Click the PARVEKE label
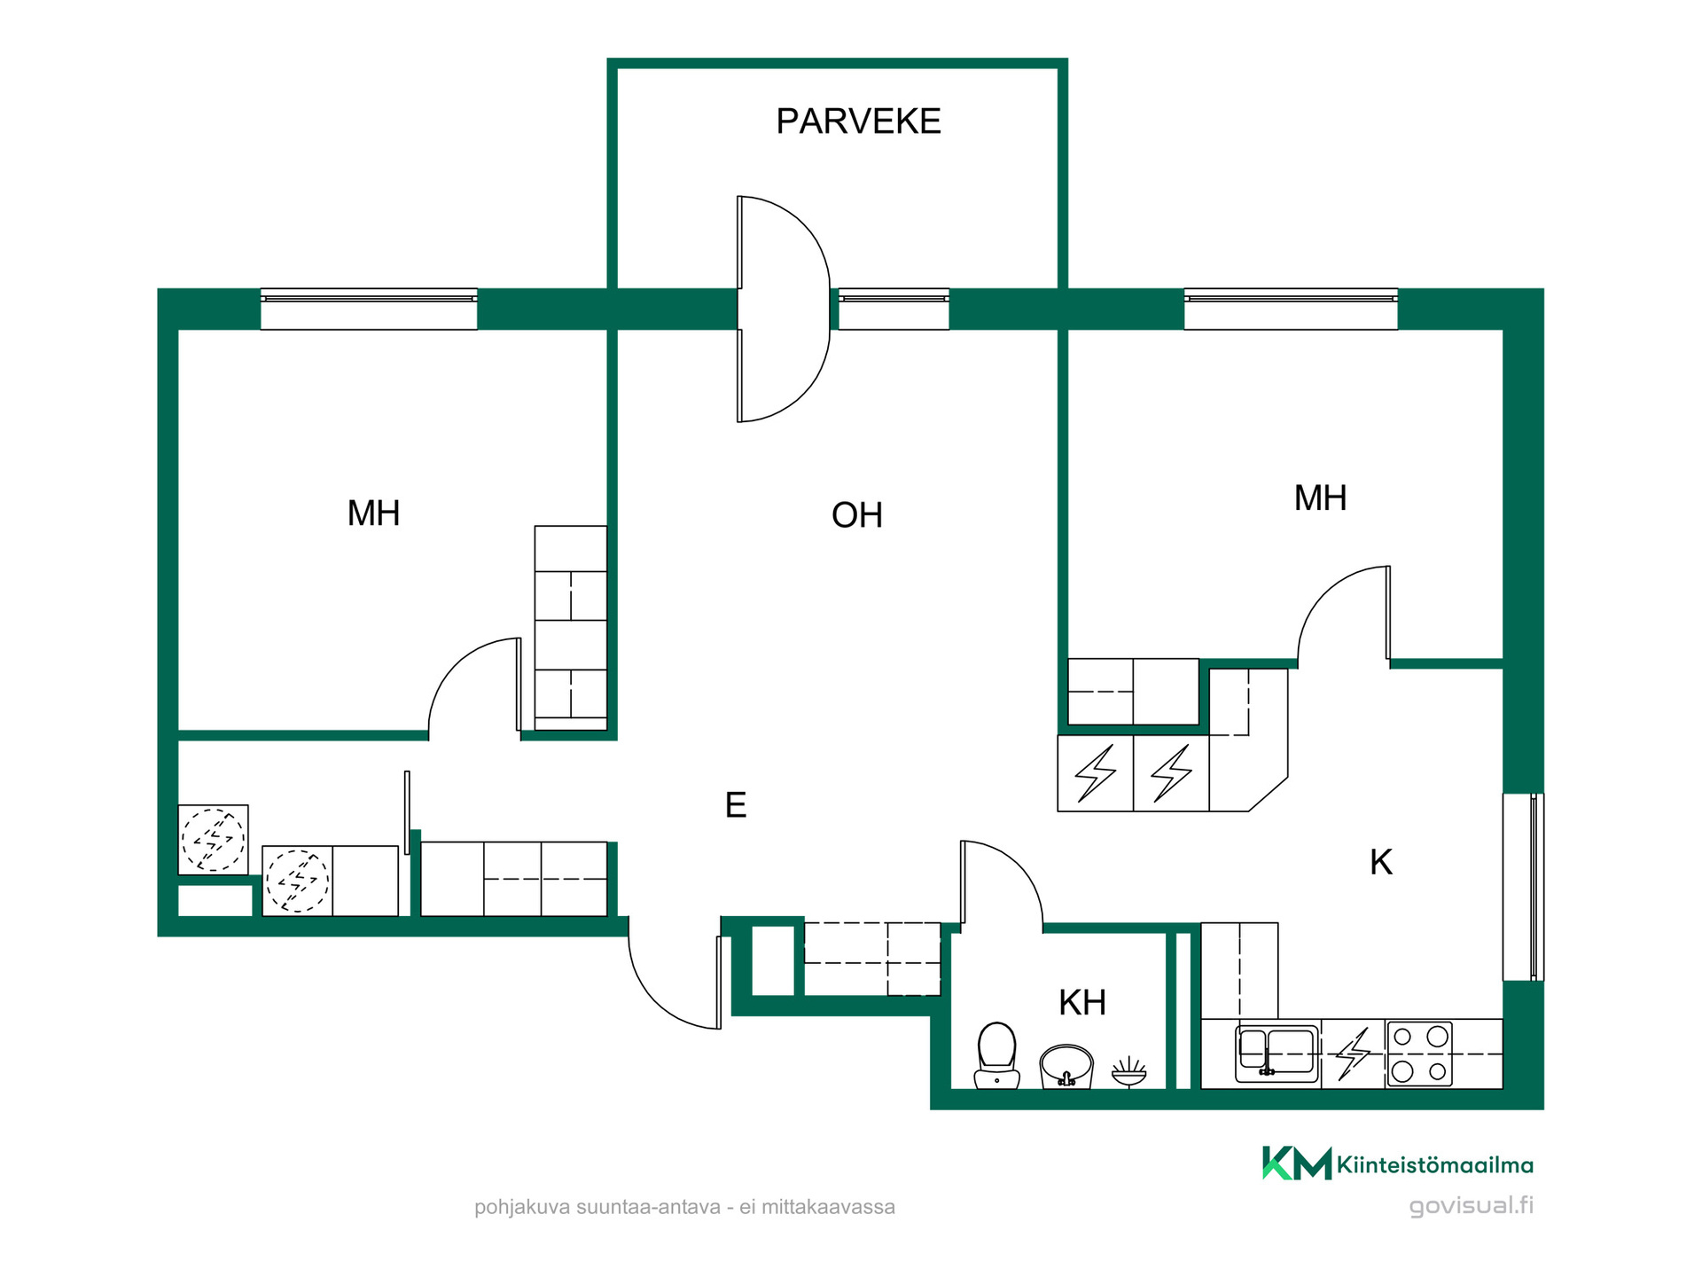coord(858,121)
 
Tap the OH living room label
coord(857,515)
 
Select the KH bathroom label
coord(1082,1003)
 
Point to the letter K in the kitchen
coord(1381,862)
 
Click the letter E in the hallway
coord(736,805)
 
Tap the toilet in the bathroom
coord(996,1055)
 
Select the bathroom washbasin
coord(1066,1066)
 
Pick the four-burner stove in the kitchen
coord(1419,1054)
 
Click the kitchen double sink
coord(1276,1054)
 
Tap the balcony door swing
coord(784,309)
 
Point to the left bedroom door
coord(475,688)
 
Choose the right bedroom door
coord(1344,615)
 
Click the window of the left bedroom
coord(369,309)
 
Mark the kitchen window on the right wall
coord(1523,887)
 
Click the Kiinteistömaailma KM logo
coord(1398,1163)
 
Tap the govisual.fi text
coord(1472,1206)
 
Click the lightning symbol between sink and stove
coord(1353,1054)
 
